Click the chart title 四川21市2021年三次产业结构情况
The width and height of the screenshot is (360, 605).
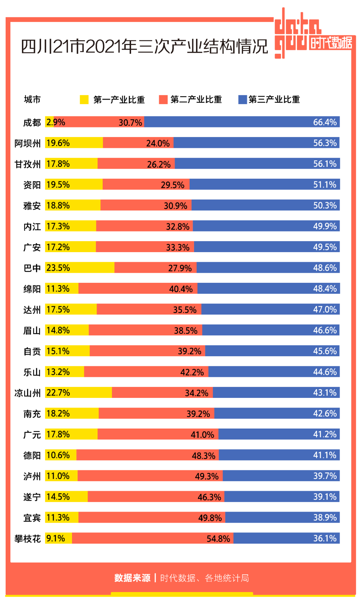pyautogui.click(x=144, y=46)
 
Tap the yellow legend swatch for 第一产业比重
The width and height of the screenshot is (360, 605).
pyautogui.click(x=84, y=99)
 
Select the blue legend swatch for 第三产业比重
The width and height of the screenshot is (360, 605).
pyautogui.click(x=242, y=99)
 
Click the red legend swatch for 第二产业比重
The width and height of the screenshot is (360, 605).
pyautogui.click(x=163, y=99)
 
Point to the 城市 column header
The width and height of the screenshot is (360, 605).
pyautogui.click(x=32, y=99)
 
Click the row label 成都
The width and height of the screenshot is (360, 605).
pyautogui.click(x=32, y=122)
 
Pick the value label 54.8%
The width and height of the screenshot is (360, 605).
pyautogui.click(x=218, y=539)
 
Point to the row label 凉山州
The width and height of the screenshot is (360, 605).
pyautogui.click(x=27, y=393)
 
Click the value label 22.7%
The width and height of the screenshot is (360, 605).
pyautogui.click(x=58, y=393)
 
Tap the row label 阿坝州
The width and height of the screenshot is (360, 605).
pyautogui.click(x=27, y=143)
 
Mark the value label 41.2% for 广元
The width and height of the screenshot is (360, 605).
pyautogui.click(x=325, y=434)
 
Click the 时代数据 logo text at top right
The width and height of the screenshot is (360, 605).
pyautogui.click(x=331, y=43)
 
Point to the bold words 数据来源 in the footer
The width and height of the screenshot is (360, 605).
pyautogui.click(x=132, y=578)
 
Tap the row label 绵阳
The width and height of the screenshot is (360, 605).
pyautogui.click(x=32, y=289)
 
